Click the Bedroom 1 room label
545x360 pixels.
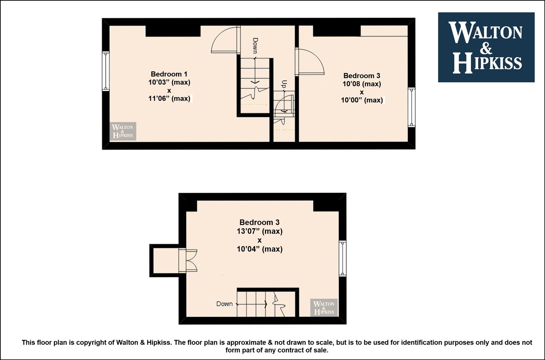pyautogui.click(x=169, y=74)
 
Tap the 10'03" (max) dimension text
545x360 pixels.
pyautogui.click(x=169, y=82)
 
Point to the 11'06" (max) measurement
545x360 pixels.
pyautogui.click(x=169, y=99)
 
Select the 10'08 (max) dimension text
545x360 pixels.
pyautogui.click(x=362, y=84)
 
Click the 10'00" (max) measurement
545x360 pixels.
pyautogui.click(x=362, y=100)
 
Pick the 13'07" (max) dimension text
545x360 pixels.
pyautogui.click(x=260, y=231)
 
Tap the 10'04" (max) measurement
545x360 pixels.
pyautogui.click(x=260, y=249)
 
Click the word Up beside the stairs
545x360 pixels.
pyautogui.click(x=284, y=84)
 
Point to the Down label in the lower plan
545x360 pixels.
pyautogui.click(x=224, y=304)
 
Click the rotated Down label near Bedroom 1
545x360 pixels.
pyautogui.click(x=255, y=46)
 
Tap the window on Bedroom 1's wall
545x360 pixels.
pyautogui.click(x=106, y=71)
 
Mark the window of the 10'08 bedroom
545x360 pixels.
pyautogui.click(x=411, y=107)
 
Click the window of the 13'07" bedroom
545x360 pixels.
pyautogui.click(x=342, y=258)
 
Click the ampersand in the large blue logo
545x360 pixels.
pyautogui.click(x=486, y=48)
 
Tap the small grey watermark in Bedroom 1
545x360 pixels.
pyautogui.click(x=123, y=131)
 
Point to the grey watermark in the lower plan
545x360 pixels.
pyautogui.click(x=324, y=308)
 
